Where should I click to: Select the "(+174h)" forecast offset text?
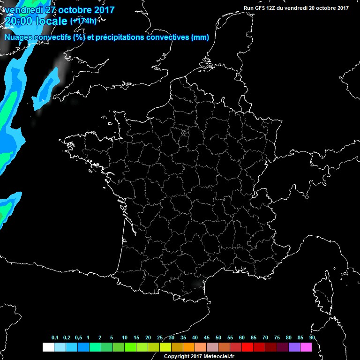tap(83, 21)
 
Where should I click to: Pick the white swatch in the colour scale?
tap(48, 347)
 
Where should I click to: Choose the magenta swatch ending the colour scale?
tap(306, 347)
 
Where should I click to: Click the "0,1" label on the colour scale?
tap(55, 338)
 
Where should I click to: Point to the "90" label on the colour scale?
tap(312, 338)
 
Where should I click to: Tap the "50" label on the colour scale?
tap(218, 338)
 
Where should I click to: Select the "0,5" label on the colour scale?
tap(78, 338)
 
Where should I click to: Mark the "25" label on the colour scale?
tap(159, 338)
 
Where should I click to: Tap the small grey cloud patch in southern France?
tap(196, 282)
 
